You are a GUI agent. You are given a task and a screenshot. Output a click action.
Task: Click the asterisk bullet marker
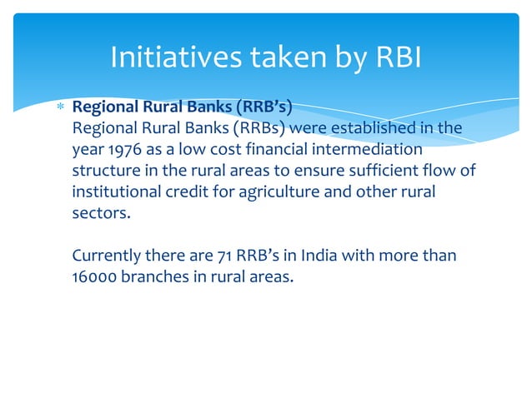point(58,108)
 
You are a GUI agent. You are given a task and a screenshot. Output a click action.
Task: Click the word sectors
point(101,212)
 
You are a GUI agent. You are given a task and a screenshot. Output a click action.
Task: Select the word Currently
point(107,255)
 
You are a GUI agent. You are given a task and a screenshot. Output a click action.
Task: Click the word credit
point(208,192)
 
